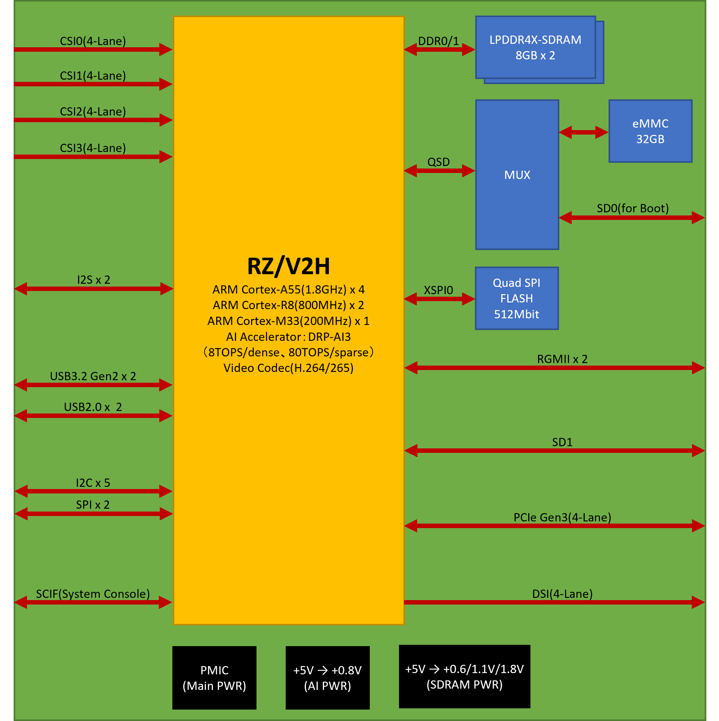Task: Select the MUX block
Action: [x=517, y=175]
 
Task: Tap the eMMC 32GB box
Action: [x=650, y=131]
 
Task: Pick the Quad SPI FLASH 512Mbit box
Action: [x=517, y=298]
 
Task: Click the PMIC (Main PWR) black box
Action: [x=214, y=678]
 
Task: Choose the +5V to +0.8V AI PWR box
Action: [x=327, y=678]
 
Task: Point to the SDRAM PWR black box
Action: [x=464, y=677]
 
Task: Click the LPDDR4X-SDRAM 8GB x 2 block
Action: [x=535, y=47]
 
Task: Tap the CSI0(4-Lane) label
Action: [x=93, y=41]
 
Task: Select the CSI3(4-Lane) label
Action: [x=93, y=148]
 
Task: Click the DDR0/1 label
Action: [x=438, y=41]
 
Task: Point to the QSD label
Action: [x=438, y=162]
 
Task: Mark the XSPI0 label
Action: [x=438, y=290]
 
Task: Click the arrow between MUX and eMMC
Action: [x=583, y=132]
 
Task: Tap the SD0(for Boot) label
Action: [x=632, y=208]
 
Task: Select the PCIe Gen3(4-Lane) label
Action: [x=562, y=517]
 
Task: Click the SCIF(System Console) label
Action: [x=93, y=594]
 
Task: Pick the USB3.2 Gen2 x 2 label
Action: [x=93, y=376]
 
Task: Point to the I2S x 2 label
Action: [x=93, y=280]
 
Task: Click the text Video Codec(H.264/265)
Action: [x=288, y=368]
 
